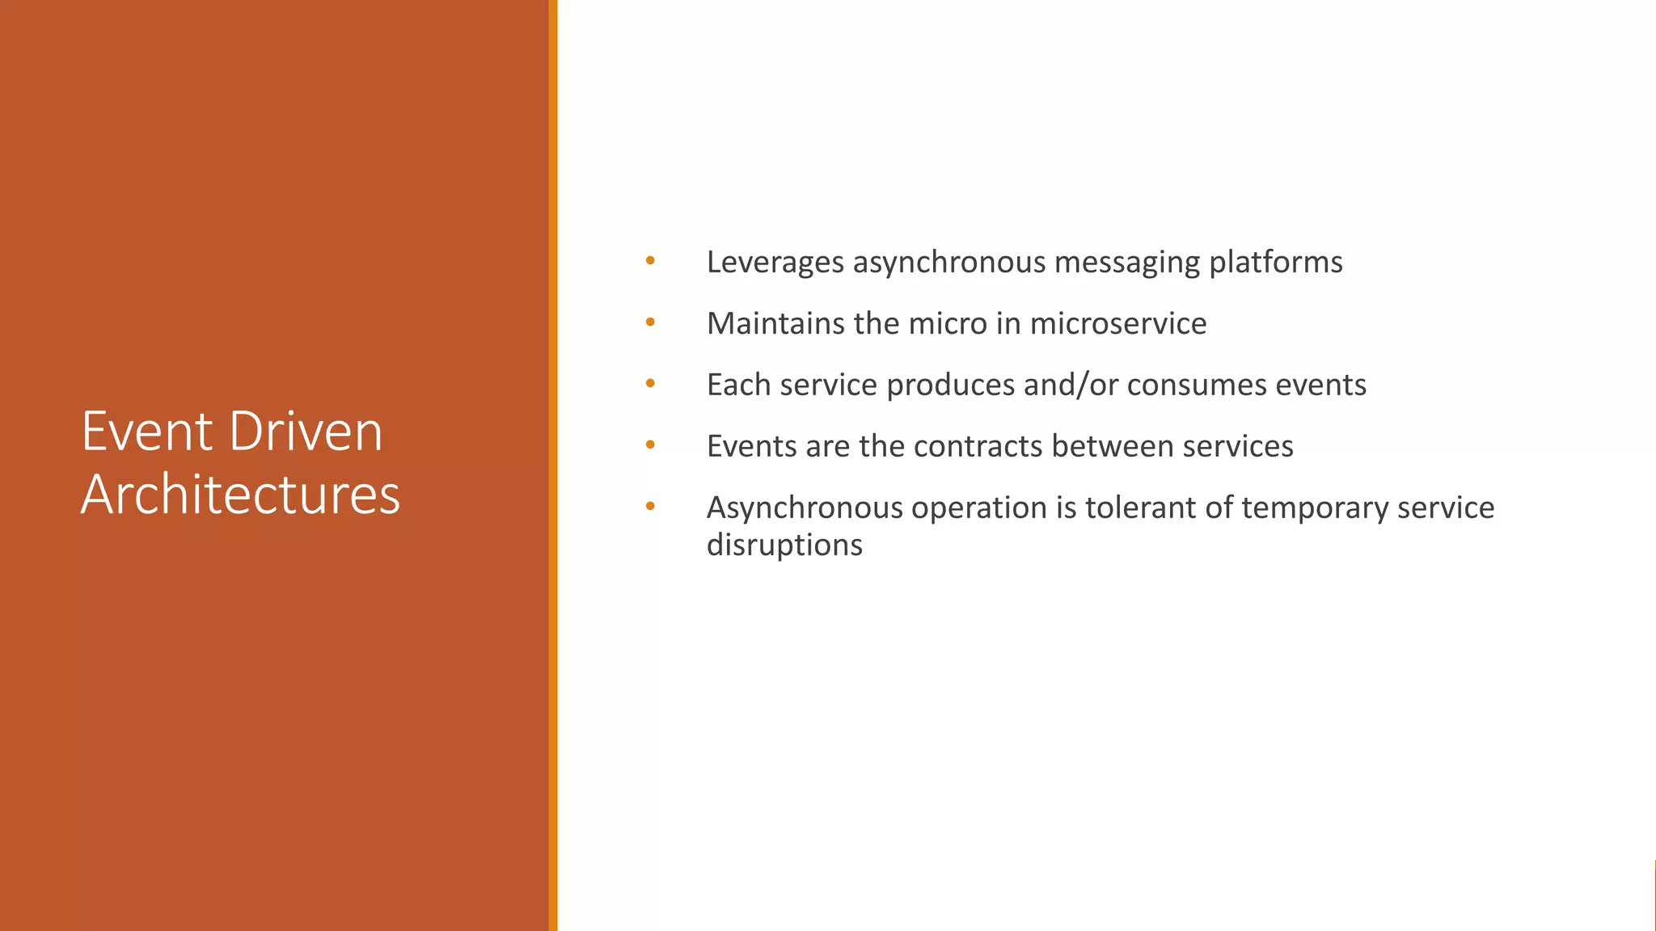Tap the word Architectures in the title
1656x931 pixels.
tap(240, 495)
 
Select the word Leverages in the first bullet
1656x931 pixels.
tap(775, 263)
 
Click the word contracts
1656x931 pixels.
tap(978, 447)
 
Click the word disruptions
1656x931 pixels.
tap(784, 546)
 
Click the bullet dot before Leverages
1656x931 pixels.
tap(650, 261)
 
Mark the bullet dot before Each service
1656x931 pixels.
tap(650, 384)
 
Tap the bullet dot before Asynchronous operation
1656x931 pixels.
tap(650, 507)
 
